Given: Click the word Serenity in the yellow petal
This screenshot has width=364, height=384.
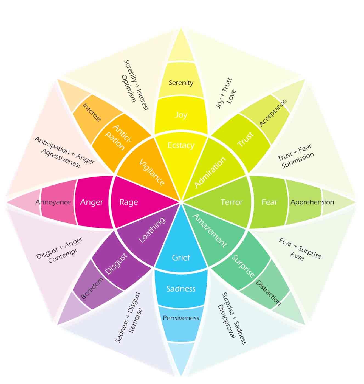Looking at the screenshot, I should pyautogui.click(x=181, y=83).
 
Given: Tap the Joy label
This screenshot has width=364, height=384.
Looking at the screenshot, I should pyautogui.click(x=181, y=115).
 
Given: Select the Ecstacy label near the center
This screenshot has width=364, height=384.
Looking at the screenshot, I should pyautogui.click(x=181, y=145).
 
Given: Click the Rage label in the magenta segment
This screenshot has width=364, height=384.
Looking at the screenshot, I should pyautogui.click(x=129, y=202).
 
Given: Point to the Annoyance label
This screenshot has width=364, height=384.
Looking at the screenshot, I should pyautogui.click(x=53, y=202).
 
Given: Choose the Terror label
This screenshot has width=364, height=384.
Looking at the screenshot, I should pyautogui.click(x=232, y=202).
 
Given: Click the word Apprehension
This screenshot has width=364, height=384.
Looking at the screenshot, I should pyautogui.click(x=312, y=202).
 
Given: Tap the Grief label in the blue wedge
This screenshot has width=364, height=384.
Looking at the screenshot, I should pyautogui.click(x=181, y=258).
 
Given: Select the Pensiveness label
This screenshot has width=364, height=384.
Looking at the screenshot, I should pyautogui.click(x=181, y=318).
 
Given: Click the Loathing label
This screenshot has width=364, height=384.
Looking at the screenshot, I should pyautogui.click(x=152, y=230).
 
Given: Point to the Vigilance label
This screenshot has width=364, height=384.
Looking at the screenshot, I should pyautogui.click(x=152, y=172).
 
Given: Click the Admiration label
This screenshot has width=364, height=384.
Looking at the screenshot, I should pyautogui.click(x=210, y=172).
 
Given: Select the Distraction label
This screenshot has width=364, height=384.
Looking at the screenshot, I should pyautogui.click(x=268, y=293).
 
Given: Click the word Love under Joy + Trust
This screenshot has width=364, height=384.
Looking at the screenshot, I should pyautogui.click(x=231, y=96).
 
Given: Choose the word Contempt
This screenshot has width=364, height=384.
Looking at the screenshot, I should pyautogui.click(x=63, y=256).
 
